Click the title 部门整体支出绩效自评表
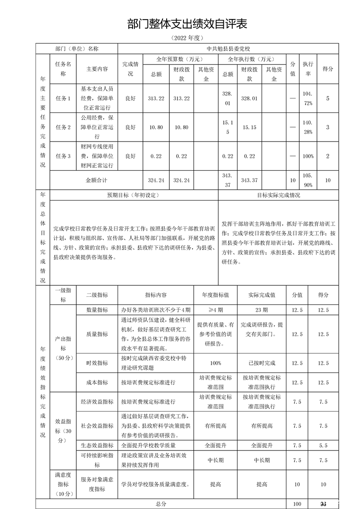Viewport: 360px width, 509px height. (x=181, y=24)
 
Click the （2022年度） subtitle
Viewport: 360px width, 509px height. (x=181, y=37)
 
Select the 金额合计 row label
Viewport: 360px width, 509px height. (x=97, y=180)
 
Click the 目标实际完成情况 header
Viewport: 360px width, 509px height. (x=278, y=195)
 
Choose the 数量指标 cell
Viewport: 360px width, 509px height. (x=97, y=310)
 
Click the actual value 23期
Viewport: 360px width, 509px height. (x=261, y=310)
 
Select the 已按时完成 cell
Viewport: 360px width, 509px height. (x=261, y=363)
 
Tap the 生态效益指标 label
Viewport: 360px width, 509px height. (x=97, y=445)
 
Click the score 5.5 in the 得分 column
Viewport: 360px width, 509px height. (x=323, y=445)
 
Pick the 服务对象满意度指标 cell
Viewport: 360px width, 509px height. (x=97, y=484)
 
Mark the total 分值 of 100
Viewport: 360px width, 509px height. (x=297, y=504)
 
